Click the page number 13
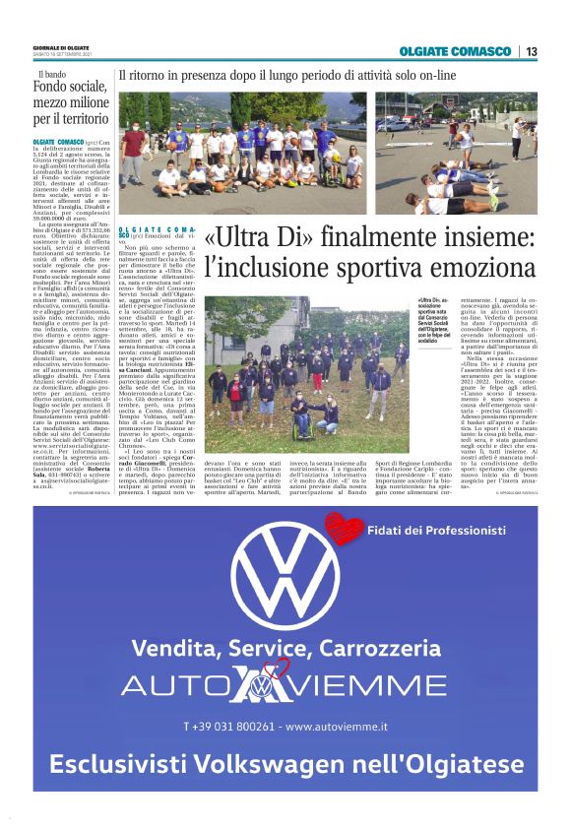(531, 51)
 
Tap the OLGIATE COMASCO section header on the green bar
(458, 51)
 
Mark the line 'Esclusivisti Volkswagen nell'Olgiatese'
(285, 765)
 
